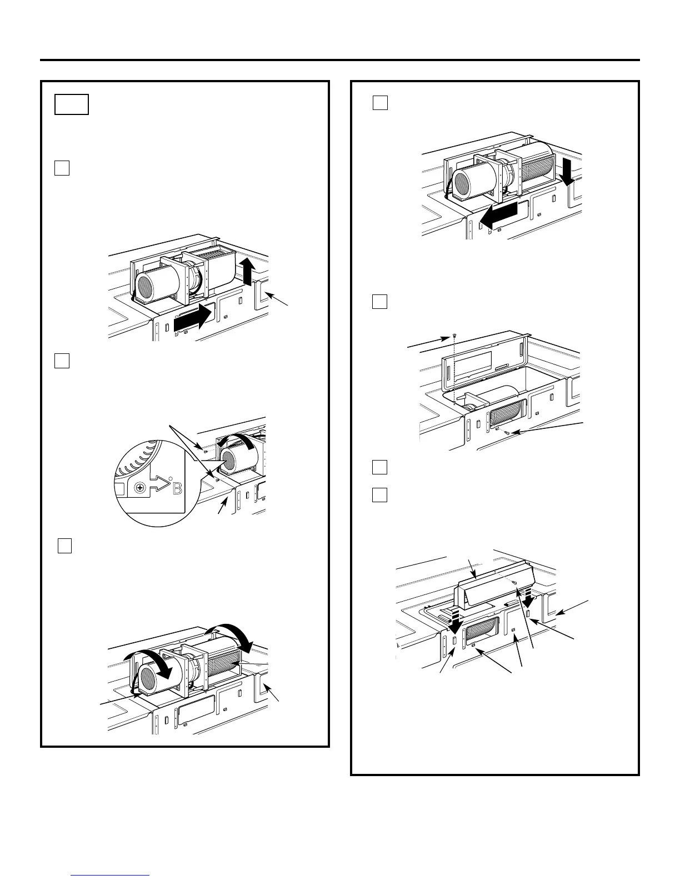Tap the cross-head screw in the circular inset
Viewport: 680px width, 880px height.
141,487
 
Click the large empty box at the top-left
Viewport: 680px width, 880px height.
72,104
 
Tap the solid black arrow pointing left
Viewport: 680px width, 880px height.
498,216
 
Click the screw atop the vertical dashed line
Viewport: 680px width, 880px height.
455,336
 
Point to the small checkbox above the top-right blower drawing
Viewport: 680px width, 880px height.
380,103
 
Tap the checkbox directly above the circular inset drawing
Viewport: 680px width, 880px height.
62,361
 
